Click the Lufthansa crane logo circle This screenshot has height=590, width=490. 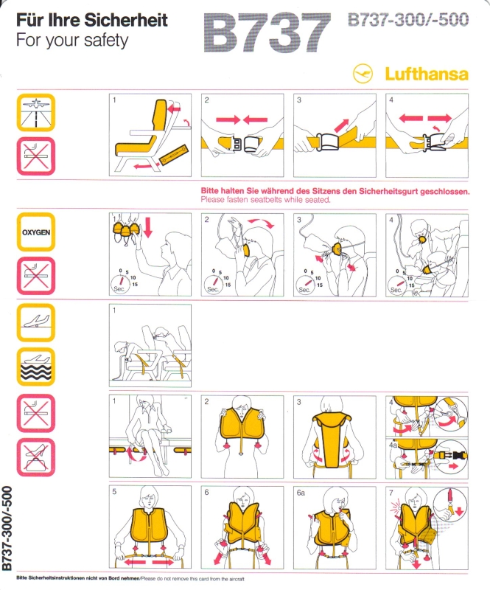point(363,73)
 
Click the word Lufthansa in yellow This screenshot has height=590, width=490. point(427,74)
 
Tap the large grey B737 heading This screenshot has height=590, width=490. point(267,32)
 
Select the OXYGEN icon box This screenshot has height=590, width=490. point(35,232)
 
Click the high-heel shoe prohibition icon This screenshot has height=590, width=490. point(35,457)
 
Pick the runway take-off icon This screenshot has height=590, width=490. point(35,113)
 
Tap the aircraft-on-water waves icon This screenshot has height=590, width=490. point(35,367)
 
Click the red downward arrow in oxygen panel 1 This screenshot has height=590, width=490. point(148,227)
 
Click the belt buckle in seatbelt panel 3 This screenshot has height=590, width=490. point(328,142)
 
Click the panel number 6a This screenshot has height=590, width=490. point(301,493)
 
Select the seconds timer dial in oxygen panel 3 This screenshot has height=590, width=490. point(304,285)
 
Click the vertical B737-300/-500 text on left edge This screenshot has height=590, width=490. point(7,528)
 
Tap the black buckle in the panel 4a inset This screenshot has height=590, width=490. point(459,455)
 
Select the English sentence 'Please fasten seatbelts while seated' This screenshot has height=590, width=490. point(265,200)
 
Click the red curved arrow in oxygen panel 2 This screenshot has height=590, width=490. point(262,223)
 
